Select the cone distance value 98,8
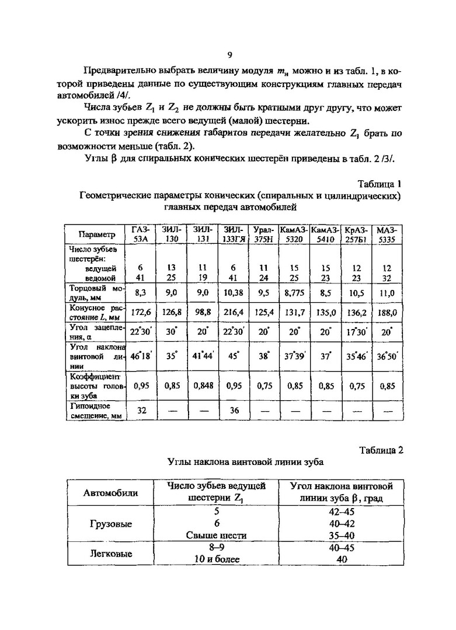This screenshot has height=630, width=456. tap(203, 313)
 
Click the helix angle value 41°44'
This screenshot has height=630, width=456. tap(203, 356)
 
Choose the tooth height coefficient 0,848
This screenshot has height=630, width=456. tap(203, 386)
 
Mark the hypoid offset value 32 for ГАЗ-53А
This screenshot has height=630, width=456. tap(141, 410)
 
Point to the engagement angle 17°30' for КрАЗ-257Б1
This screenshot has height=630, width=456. tap(356, 331)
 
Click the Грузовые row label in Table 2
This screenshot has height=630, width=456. tap(111, 523)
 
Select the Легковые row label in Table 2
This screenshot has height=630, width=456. tap(111, 554)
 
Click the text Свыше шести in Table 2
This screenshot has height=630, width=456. tap(217, 535)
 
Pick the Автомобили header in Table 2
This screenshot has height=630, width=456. tap(111, 492)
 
